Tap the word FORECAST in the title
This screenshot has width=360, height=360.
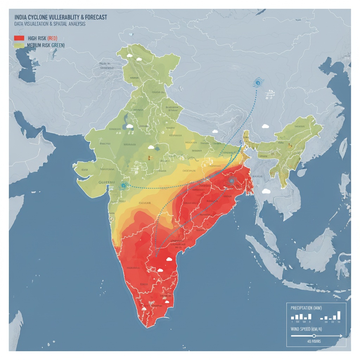95,17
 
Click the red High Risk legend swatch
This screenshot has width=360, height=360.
19,38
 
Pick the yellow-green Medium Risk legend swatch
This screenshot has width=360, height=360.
19,45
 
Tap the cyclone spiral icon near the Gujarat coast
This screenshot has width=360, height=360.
124,185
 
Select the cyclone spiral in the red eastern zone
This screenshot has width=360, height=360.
231,181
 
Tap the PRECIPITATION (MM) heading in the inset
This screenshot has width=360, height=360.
306,308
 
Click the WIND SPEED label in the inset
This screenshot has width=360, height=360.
305,329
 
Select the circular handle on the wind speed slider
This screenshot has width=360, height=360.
314,336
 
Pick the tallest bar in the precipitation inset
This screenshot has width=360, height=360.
339,315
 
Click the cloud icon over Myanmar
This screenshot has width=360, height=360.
266,191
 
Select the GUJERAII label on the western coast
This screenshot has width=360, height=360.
107,182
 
